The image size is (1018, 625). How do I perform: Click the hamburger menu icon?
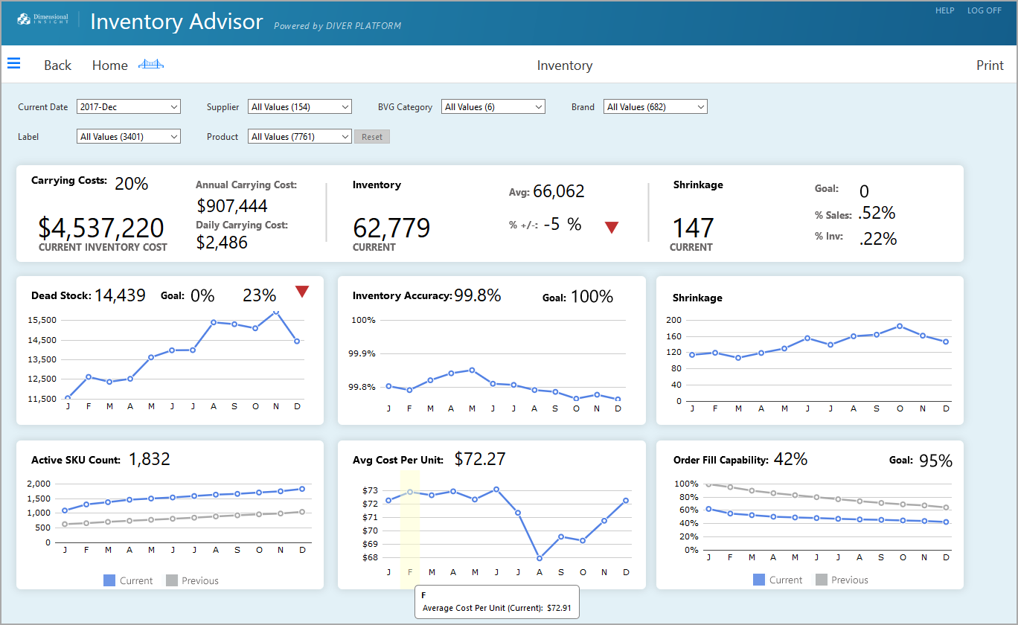coord(13,64)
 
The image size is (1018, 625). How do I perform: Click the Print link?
coord(990,65)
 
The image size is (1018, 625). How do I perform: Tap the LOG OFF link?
coord(984,10)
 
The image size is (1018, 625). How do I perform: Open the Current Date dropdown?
coord(129,107)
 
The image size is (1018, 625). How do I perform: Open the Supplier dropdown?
coord(299,107)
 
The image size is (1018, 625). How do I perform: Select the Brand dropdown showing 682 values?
coord(655,107)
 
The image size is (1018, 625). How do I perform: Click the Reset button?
coord(371,137)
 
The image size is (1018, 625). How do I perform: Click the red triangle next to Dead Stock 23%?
coord(302,292)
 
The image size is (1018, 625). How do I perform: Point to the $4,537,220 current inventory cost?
coord(101,228)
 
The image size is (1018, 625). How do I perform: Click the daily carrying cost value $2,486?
coord(222,242)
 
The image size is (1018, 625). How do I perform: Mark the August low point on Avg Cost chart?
coord(540,558)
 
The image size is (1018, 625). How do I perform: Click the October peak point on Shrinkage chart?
coord(900,326)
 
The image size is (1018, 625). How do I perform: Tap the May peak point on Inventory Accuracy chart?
coord(472,370)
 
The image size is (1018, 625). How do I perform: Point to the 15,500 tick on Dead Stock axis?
coord(42,320)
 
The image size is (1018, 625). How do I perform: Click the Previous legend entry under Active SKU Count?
coord(192,580)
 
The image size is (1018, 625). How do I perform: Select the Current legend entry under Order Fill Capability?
coord(777,580)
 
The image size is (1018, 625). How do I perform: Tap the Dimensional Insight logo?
coord(42,19)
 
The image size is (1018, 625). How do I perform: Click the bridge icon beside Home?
coord(151,65)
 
